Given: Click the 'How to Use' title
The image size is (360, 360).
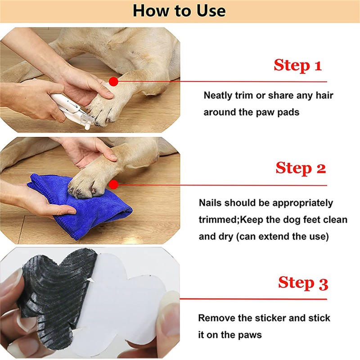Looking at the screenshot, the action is (x=179, y=11).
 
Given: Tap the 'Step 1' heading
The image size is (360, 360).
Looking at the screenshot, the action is (x=297, y=65).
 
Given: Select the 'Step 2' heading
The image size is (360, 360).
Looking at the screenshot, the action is (x=301, y=168).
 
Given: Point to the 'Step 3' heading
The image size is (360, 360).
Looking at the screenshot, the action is (x=303, y=283).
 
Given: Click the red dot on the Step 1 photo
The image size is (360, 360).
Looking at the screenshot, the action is (x=113, y=81).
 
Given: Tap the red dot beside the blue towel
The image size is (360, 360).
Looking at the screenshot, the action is (x=113, y=184).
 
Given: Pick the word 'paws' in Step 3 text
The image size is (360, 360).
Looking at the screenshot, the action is (x=250, y=336).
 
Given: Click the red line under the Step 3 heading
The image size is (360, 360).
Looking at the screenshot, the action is (x=253, y=299).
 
